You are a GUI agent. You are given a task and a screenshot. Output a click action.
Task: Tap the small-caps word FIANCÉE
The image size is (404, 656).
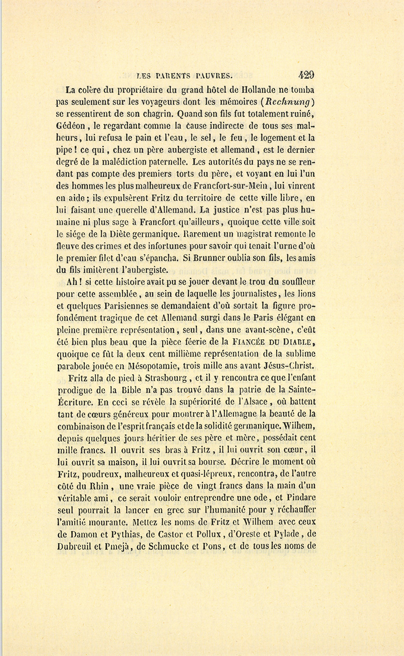click(x=257, y=342)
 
